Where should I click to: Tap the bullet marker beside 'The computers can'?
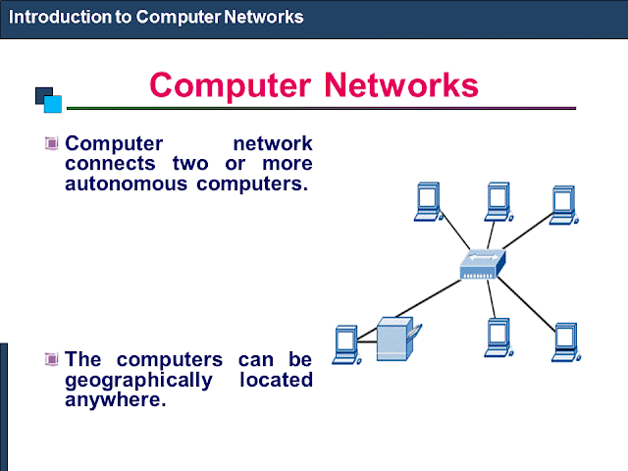click(x=52, y=359)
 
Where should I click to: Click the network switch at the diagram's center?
click(x=482, y=263)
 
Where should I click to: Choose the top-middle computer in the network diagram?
click(x=497, y=200)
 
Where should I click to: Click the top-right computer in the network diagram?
click(x=563, y=200)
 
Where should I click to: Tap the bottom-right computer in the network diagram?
click(x=566, y=340)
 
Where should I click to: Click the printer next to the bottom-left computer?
click(x=396, y=340)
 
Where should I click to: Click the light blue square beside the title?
click(x=53, y=102)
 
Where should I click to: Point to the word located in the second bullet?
click(x=276, y=380)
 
